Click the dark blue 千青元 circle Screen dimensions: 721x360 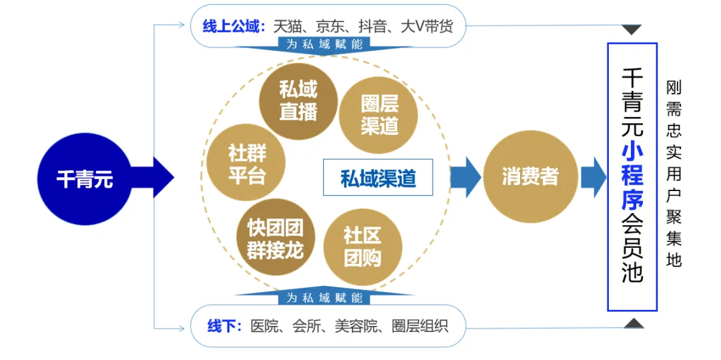[84, 178]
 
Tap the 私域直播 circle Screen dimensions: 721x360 [298, 101]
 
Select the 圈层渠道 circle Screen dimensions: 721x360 [379, 114]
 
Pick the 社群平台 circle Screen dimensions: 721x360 [246, 164]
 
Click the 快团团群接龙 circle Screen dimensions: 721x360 [274, 238]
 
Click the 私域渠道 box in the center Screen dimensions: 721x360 [378, 178]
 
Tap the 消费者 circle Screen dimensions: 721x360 [529, 177]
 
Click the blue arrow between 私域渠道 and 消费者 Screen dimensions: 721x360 [465, 177]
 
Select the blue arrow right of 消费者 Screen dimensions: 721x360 [592, 177]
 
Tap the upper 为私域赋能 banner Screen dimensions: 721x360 [324, 44]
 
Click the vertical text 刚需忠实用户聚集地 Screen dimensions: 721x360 [674, 174]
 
